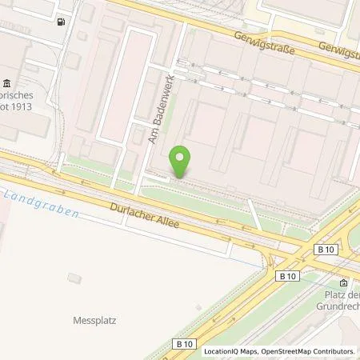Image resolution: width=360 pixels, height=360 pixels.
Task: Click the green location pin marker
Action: (181, 162)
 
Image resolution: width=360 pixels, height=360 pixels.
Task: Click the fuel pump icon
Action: (62, 22)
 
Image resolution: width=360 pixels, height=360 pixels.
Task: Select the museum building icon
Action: (7, 84)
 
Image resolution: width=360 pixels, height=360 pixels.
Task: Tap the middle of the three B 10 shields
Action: (288, 275)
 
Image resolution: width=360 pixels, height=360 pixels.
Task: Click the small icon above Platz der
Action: (344, 282)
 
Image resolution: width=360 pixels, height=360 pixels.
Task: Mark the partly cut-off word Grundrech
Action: (340, 305)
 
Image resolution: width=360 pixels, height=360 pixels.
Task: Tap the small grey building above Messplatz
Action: (74, 278)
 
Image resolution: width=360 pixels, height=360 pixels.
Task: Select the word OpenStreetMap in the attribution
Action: (287, 351)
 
